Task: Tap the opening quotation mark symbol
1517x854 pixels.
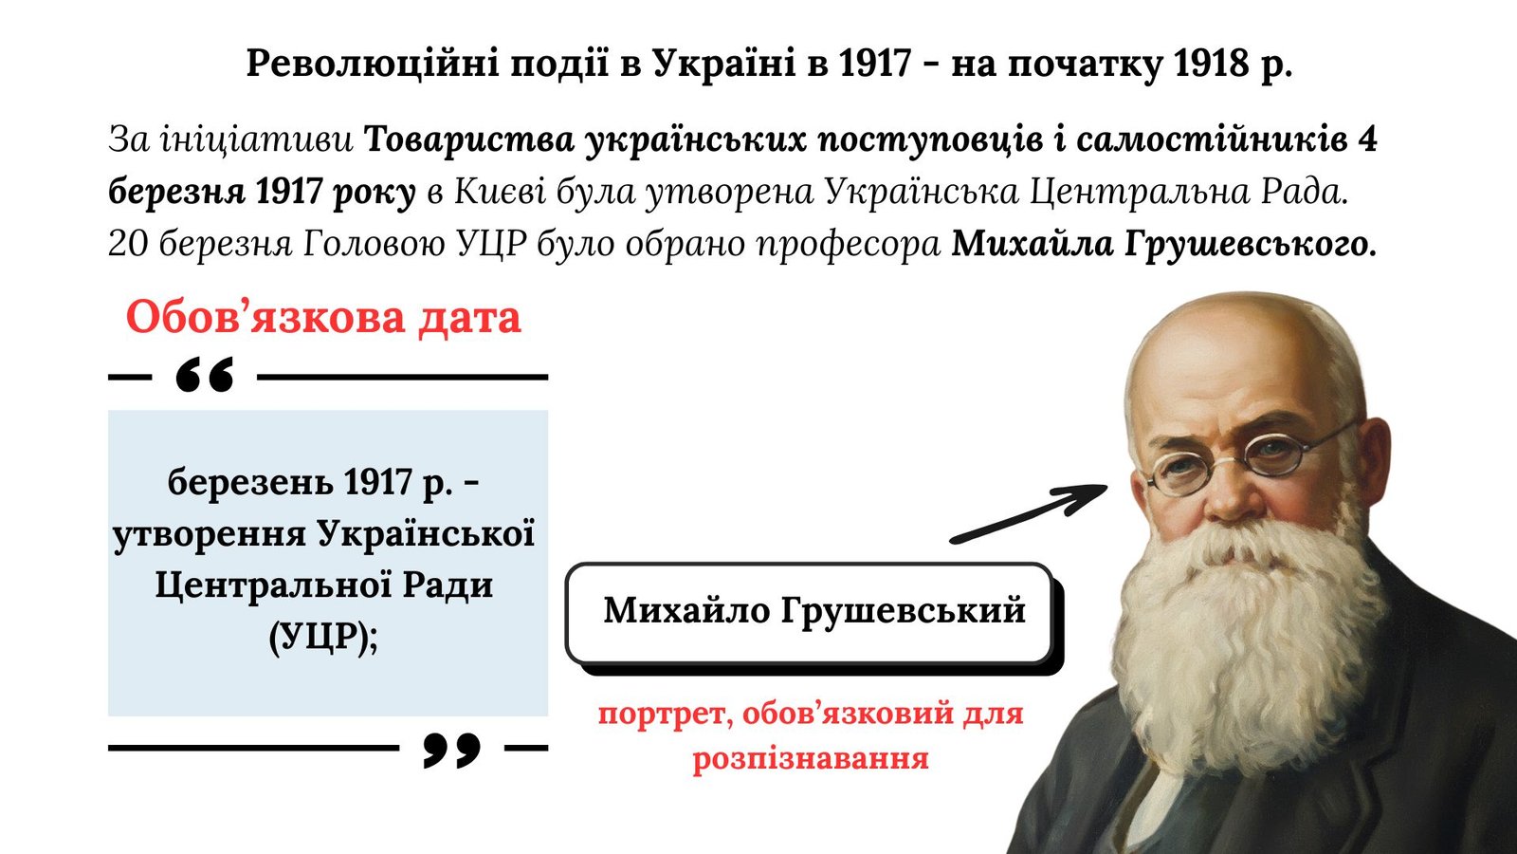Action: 205,375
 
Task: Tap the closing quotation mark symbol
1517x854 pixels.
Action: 451,750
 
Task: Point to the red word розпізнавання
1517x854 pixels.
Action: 810,759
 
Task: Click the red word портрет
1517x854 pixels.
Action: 666,715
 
